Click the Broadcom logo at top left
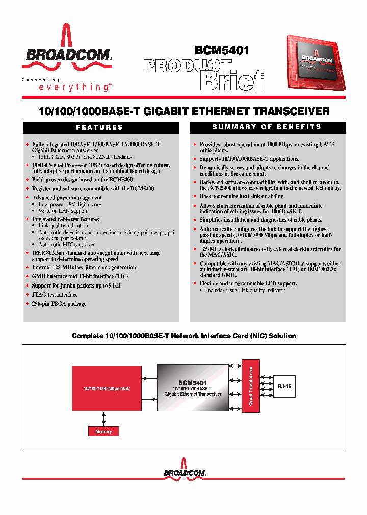click(67, 51)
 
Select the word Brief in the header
click(232, 80)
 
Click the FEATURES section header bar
click(100, 127)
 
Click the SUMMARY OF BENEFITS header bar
click(267, 127)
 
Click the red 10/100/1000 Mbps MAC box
click(107, 388)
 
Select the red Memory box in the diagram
click(103, 431)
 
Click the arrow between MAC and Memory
click(104, 419)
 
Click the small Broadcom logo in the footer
click(185, 471)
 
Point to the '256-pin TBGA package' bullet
click(59, 304)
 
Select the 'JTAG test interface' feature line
click(55, 295)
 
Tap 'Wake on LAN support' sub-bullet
click(63, 211)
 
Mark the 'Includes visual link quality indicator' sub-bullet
click(246, 290)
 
